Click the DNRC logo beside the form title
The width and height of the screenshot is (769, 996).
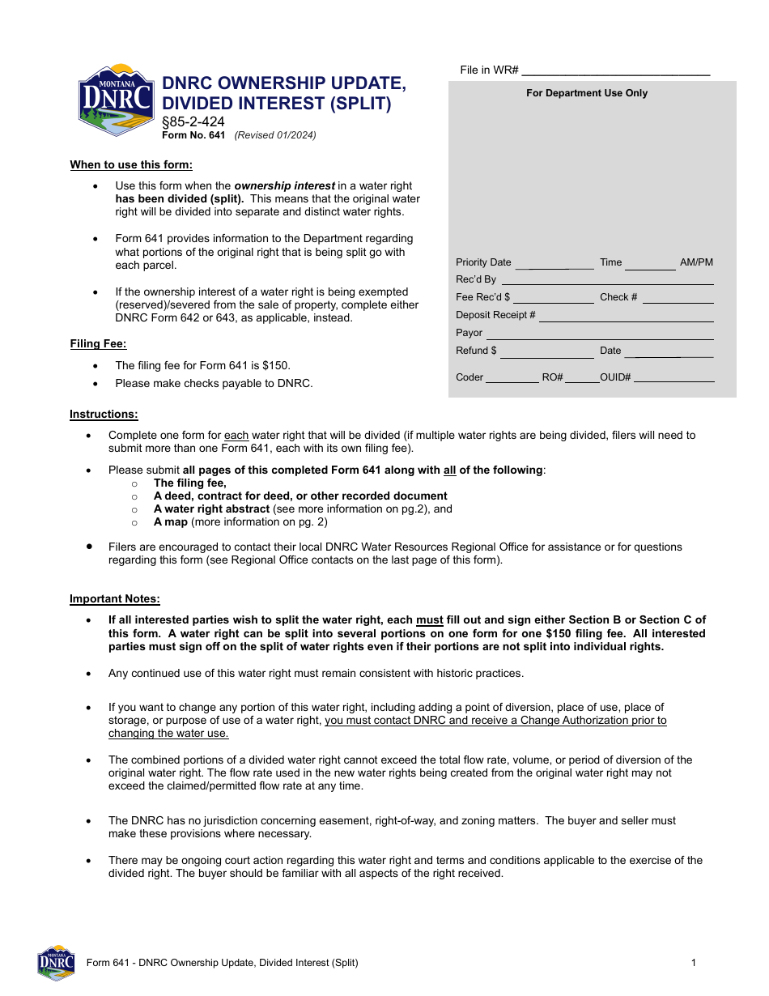116,100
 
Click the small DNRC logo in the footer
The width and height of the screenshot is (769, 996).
56,963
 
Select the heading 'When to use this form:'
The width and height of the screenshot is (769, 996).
131,165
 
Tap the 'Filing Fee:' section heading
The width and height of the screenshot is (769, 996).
98,344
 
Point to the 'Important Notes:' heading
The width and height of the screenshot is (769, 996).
115,599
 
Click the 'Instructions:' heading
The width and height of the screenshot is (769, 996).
104,415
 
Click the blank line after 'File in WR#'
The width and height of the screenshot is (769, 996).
616,70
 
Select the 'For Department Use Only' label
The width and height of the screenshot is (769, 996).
587,93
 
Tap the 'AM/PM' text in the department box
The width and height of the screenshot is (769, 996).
696,262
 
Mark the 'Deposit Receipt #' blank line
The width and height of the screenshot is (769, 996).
626,316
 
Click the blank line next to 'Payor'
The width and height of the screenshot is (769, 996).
600,334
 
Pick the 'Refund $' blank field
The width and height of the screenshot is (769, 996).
547,351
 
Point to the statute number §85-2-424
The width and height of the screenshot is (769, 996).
193,122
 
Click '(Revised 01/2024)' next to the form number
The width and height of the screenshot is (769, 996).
275,135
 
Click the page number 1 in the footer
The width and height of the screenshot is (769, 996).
694,963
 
